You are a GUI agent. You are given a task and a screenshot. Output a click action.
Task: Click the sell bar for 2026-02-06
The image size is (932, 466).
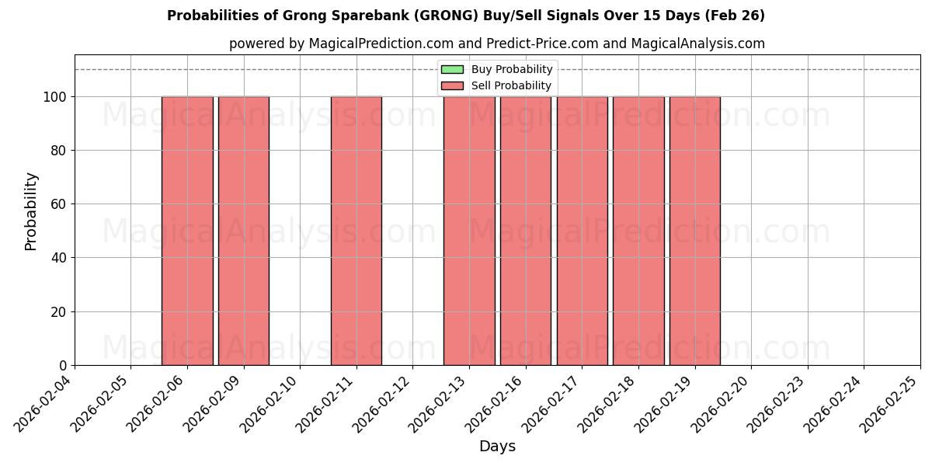[x=187, y=231]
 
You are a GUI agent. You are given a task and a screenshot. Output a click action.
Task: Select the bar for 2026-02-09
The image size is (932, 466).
[x=244, y=231]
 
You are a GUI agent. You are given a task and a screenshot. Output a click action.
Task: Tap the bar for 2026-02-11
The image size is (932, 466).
[x=356, y=231]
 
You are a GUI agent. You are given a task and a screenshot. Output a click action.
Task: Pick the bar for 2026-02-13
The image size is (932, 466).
[x=469, y=231]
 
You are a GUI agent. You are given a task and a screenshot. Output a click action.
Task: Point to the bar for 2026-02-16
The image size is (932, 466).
[x=526, y=231]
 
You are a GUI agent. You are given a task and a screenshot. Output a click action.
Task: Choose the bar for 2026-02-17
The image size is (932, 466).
[x=582, y=231]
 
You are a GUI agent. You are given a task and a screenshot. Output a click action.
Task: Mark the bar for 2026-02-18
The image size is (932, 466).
[x=638, y=231]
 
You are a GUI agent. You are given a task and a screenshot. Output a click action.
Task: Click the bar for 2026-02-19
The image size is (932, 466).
[x=695, y=231]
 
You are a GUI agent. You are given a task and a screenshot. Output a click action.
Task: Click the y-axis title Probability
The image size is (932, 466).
[x=31, y=210]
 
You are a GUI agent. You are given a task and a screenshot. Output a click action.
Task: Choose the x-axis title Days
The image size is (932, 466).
[x=497, y=447]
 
